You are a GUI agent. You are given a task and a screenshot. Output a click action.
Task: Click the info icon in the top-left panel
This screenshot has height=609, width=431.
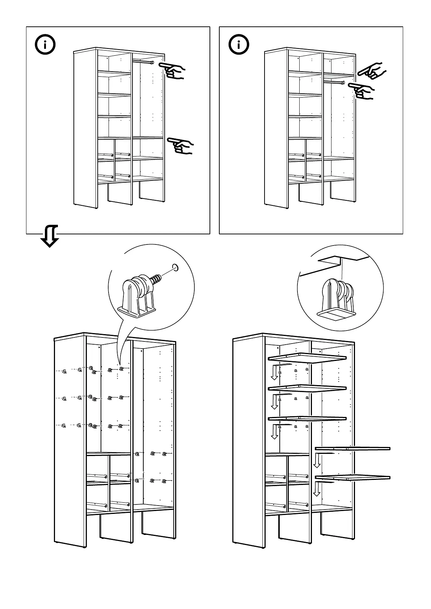pos(45,45)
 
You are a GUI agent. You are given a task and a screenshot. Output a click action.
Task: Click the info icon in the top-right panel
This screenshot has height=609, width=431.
pos(238,45)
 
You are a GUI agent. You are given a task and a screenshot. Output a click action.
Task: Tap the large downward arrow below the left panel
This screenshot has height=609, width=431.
pos(50,236)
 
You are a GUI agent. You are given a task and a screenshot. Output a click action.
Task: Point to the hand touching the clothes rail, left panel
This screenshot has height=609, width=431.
pos(172,70)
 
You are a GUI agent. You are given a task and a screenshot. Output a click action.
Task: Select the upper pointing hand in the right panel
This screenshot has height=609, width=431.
pos(372,71)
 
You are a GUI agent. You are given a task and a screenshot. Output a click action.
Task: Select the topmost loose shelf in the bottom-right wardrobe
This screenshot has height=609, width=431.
pos(307,358)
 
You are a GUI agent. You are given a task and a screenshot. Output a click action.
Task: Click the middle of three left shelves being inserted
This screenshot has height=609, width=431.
pos(307,388)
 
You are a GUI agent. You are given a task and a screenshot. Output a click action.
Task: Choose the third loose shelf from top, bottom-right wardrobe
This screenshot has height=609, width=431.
pos(307,418)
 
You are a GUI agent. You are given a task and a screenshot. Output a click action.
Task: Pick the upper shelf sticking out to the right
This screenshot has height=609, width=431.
pos(352,449)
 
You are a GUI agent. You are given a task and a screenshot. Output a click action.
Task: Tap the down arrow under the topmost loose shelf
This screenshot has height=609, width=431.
pos(275,373)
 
